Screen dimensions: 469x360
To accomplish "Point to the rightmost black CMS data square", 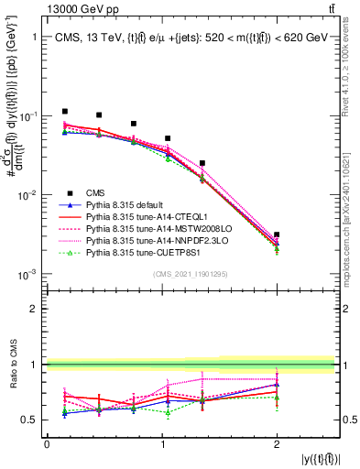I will (277, 235).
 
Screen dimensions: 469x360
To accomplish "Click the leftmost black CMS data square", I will (64, 111).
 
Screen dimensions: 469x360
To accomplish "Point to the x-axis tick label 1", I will (162, 444).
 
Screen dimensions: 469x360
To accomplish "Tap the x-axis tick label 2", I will (277, 444).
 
